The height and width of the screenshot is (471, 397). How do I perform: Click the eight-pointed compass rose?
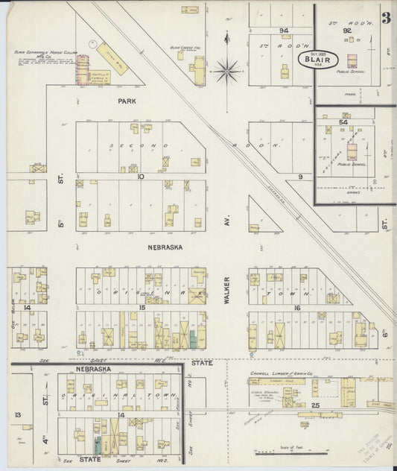pyautogui.click(x=226, y=72)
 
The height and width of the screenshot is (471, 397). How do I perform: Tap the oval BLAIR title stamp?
pyautogui.click(x=319, y=60)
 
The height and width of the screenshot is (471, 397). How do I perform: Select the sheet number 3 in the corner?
pyautogui.click(x=386, y=19)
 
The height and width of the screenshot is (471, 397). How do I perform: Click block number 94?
pyautogui.click(x=284, y=31)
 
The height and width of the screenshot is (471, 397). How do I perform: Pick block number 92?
pyautogui.click(x=347, y=31)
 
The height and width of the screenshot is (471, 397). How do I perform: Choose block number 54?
pyautogui.click(x=343, y=121)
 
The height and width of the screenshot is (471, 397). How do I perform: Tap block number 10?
pyautogui.click(x=140, y=177)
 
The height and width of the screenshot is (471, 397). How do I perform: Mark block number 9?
pyautogui.click(x=300, y=177)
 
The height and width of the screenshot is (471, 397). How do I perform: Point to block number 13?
pyautogui.click(x=17, y=414)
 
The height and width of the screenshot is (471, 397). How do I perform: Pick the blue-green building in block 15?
pyautogui.click(x=193, y=341)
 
